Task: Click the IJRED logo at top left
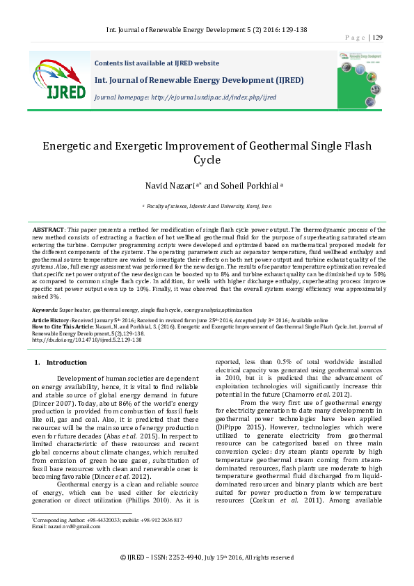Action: [x=58, y=77]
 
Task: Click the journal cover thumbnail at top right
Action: [x=360, y=77]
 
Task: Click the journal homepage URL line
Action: [x=185, y=97]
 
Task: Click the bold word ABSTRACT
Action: [x=49, y=229]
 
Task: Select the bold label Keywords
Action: [x=45, y=309]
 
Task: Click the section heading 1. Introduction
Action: [x=61, y=363]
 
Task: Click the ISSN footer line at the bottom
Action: [x=207, y=557]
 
